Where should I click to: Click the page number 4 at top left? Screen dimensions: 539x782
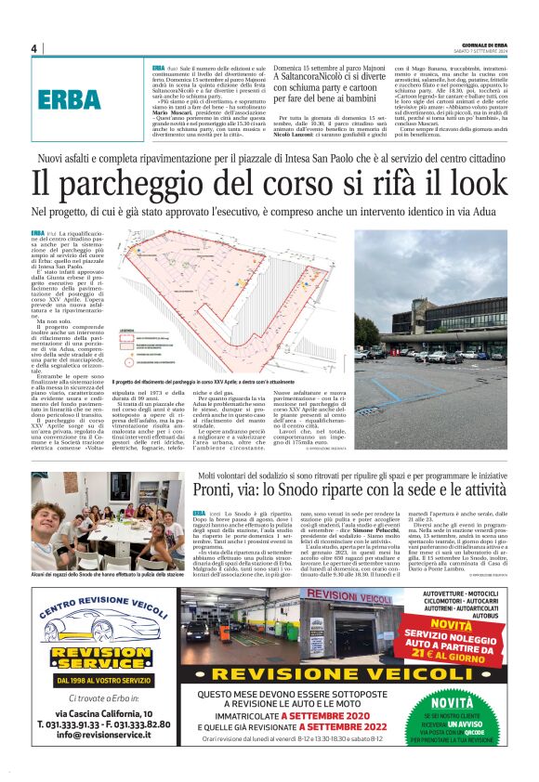click(x=33, y=48)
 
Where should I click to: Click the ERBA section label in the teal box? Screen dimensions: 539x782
click(x=71, y=99)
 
